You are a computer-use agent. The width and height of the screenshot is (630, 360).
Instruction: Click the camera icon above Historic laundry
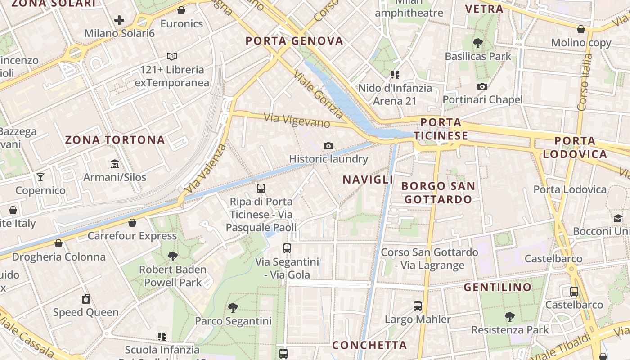(x=328, y=146)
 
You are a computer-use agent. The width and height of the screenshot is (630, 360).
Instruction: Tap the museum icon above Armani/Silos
(x=115, y=164)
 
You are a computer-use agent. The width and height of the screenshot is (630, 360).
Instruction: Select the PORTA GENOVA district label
(x=294, y=41)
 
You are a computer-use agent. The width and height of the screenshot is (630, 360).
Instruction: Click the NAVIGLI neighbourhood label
(x=368, y=180)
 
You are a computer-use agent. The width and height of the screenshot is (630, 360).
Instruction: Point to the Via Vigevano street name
(x=297, y=120)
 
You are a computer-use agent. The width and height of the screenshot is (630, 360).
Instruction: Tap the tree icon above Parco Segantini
(x=233, y=308)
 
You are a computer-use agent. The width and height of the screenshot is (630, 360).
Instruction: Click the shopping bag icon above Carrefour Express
(x=132, y=223)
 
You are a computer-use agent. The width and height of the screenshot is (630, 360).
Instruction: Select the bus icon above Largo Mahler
(x=418, y=306)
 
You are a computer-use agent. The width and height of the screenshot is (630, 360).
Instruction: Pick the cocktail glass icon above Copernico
(x=40, y=177)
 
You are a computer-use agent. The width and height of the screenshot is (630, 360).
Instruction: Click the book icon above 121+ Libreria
(x=172, y=56)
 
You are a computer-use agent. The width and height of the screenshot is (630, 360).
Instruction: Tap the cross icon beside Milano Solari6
(x=119, y=20)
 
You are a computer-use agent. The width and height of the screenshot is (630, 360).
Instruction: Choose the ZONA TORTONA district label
(x=115, y=139)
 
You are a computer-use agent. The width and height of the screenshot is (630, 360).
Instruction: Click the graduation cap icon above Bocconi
(x=618, y=219)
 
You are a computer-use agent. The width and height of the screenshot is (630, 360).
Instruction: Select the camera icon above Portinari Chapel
(x=482, y=86)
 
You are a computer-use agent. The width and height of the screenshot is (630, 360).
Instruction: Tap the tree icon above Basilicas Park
(x=478, y=43)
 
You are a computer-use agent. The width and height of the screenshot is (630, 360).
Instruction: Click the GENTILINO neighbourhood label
(x=498, y=287)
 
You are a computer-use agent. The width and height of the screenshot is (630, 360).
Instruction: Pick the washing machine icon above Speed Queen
(x=86, y=299)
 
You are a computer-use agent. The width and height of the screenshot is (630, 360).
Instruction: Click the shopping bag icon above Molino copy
(x=581, y=30)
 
